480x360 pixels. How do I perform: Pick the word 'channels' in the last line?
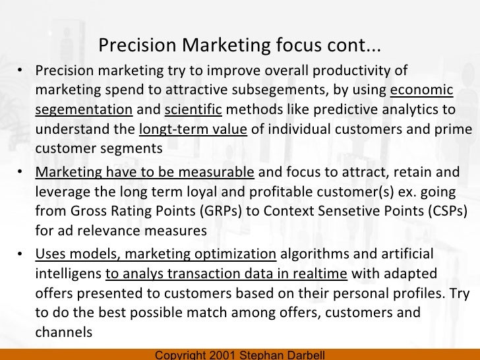[63, 332]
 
